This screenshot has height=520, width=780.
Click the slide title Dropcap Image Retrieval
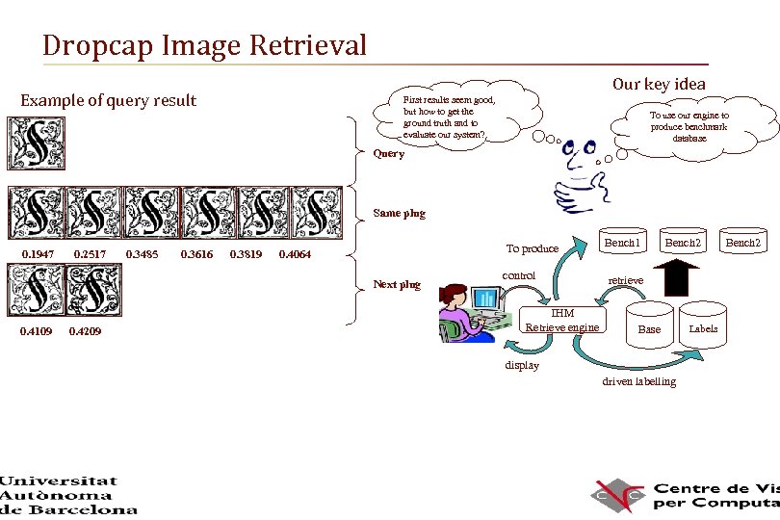coord(204,45)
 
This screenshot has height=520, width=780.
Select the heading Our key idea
coord(658,84)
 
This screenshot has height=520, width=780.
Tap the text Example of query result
coord(108,101)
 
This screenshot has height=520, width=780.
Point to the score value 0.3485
coord(143,254)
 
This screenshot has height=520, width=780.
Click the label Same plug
coord(399,213)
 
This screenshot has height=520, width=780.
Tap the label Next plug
coord(397,284)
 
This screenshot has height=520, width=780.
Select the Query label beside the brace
coord(388,154)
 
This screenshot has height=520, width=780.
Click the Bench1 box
coord(621,243)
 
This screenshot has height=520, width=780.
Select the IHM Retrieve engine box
coord(562,321)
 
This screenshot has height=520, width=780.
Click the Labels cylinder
coord(703,325)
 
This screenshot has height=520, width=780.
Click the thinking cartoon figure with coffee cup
coord(578,173)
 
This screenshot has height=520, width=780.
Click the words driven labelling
coord(639,381)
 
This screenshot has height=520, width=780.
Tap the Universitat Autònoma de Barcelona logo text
coord(67,495)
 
